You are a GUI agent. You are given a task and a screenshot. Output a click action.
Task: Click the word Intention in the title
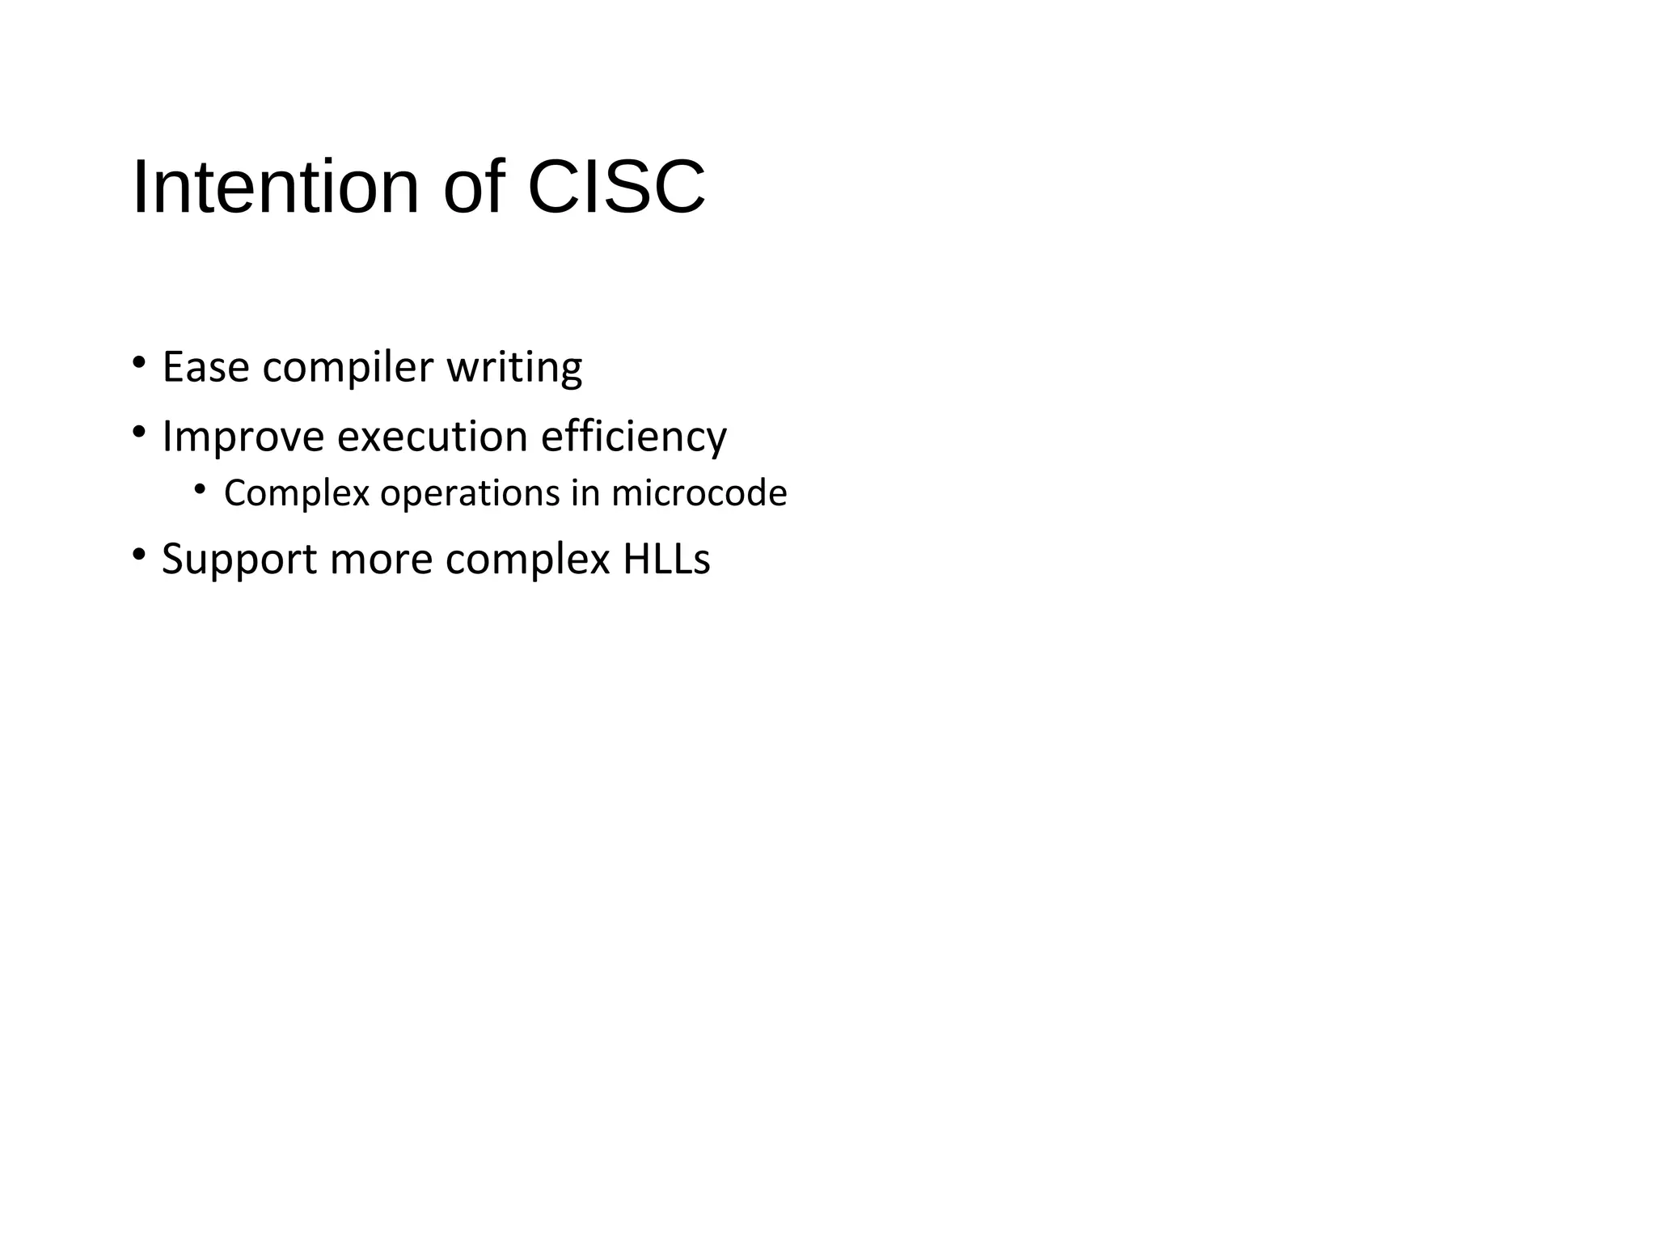[275, 188]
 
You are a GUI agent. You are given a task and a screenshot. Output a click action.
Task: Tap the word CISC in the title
[616, 188]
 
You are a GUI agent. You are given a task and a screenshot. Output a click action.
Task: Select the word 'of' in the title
[474, 188]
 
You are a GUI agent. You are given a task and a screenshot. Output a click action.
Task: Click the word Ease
[205, 367]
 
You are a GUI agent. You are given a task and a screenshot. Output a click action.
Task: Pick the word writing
[514, 369]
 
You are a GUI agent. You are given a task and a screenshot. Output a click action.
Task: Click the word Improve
[243, 437]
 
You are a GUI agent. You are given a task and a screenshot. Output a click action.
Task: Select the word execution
[432, 437]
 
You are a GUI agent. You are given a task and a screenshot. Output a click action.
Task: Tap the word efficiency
[633, 437]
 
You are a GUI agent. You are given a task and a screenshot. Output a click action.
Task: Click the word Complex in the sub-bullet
[296, 493]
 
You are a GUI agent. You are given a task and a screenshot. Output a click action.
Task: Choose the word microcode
[699, 493]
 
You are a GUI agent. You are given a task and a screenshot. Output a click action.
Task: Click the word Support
[239, 560]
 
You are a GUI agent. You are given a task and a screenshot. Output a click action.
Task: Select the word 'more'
[381, 560]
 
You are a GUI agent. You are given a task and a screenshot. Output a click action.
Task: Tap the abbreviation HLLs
[666, 559]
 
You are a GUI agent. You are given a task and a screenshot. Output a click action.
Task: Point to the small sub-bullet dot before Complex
[200, 488]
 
